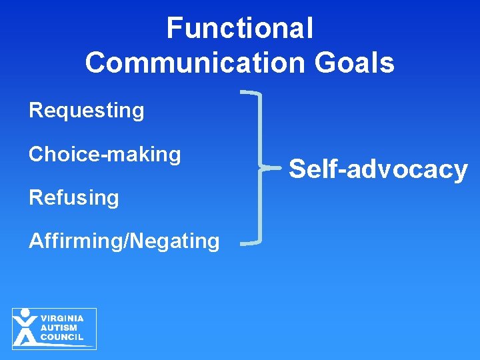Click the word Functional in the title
click(x=240, y=28)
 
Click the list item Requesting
click(x=86, y=110)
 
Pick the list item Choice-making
click(x=105, y=154)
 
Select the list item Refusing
click(x=73, y=197)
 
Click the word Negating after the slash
click(x=175, y=241)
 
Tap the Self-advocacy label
click(x=378, y=169)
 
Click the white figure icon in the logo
click(x=25, y=329)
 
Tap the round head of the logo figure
click(x=25, y=312)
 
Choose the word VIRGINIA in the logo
click(x=62, y=319)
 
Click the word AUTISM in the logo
click(x=59, y=328)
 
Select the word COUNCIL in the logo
click(x=62, y=337)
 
